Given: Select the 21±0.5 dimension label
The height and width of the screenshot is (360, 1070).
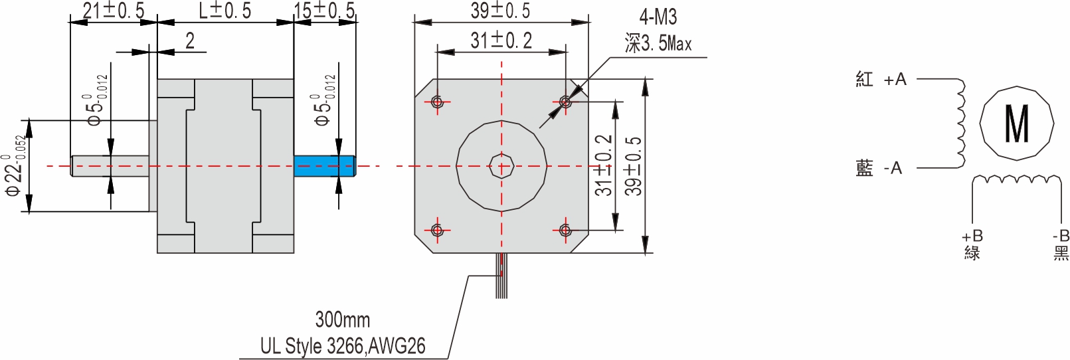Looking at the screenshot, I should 113,11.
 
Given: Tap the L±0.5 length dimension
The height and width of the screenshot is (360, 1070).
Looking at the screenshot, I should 225,11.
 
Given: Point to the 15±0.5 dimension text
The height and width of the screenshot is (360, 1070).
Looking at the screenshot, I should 325,11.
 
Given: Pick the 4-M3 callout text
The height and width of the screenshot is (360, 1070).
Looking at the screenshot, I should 658,17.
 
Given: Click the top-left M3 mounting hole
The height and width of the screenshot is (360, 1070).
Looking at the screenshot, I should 437,102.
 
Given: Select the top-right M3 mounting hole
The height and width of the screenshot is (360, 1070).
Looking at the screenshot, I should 565,102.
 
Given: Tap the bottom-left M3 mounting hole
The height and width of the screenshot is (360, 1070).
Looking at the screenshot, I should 437,230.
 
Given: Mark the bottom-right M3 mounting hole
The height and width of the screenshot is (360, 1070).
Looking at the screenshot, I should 565,230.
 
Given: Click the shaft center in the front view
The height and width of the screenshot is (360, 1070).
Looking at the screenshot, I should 501,166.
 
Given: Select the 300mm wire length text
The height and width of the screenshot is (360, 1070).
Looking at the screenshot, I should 342,319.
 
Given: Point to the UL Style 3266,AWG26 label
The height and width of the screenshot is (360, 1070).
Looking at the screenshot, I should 342,346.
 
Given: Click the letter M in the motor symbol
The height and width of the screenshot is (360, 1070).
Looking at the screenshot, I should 1016,124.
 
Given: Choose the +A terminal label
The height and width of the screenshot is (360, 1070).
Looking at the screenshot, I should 895,80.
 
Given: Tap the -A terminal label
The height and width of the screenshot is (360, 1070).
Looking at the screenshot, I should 893,169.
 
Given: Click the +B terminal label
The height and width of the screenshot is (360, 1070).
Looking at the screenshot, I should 972,236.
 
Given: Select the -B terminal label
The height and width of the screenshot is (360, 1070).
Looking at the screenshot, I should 1061,236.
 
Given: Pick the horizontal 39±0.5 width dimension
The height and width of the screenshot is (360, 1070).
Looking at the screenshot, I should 500,11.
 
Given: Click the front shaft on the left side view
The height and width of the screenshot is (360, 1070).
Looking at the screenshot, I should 110,166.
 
